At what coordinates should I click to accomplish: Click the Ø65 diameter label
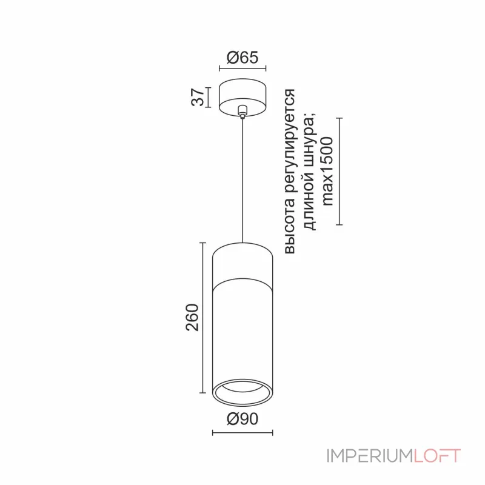(242, 58)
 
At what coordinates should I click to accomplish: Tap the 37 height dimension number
(198, 97)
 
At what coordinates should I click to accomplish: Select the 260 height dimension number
(192, 318)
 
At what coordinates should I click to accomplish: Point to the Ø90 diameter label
(242, 419)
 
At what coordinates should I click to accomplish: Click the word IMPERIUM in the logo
(370, 456)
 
